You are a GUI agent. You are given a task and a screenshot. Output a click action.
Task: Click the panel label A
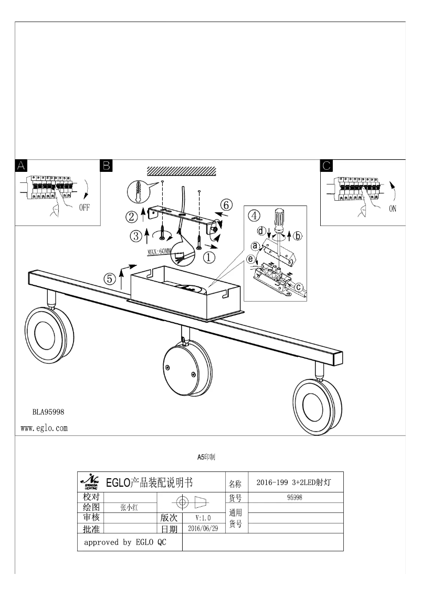point(21,166)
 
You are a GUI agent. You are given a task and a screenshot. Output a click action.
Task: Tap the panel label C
point(327,166)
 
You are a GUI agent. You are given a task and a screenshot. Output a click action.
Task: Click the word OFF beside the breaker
point(85,208)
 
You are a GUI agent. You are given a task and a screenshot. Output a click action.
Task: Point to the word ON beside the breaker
point(393,209)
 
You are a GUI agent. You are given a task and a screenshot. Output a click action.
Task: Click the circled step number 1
point(209,258)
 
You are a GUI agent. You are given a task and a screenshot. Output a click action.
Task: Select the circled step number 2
point(132,215)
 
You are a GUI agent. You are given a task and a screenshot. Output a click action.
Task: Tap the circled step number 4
point(254,215)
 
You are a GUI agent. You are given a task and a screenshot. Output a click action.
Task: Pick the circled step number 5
point(109,279)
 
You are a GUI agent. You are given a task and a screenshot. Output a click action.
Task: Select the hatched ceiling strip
point(182,171)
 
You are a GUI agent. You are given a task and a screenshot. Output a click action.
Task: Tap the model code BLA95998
point(48,412)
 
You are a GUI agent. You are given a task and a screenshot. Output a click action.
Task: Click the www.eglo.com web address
point(44,428)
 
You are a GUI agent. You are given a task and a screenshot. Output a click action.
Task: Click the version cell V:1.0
point(203,518)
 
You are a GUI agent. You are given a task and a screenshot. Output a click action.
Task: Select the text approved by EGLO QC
point(125,542)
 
